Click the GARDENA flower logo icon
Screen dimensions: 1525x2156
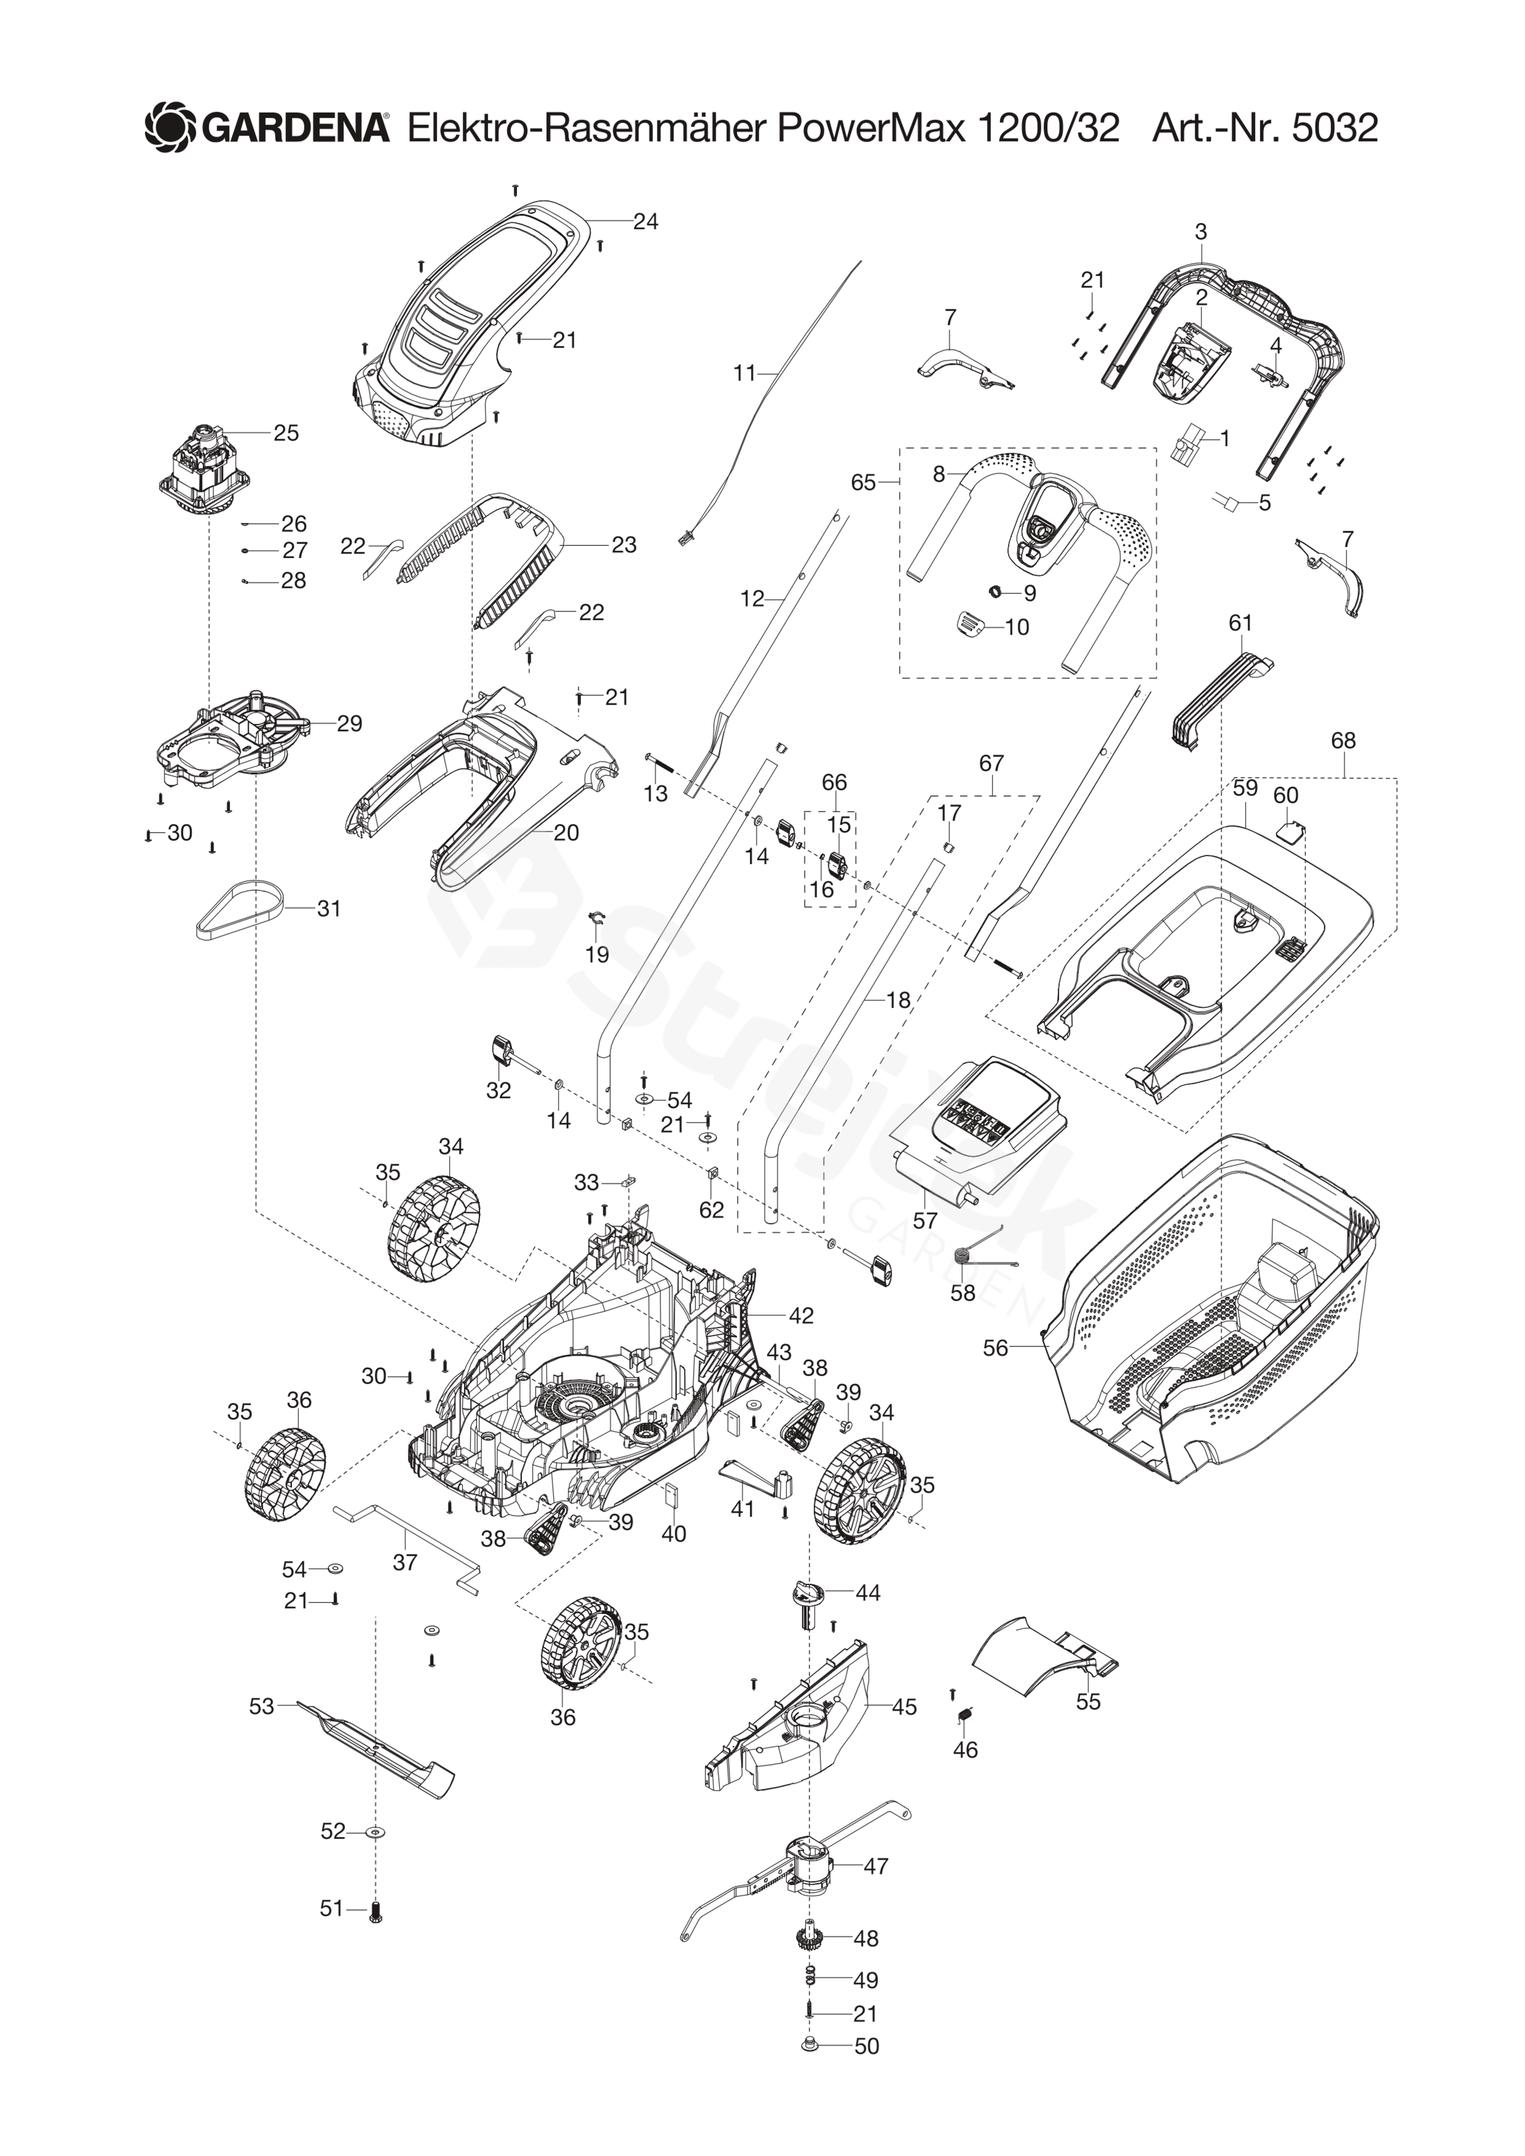(170, 127)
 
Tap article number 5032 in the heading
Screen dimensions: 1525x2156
(1335, 127)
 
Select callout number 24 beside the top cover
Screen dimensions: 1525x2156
(645, 222)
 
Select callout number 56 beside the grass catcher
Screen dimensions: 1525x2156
(994, 1348)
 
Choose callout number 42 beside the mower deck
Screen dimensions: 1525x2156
(801, 1316)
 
